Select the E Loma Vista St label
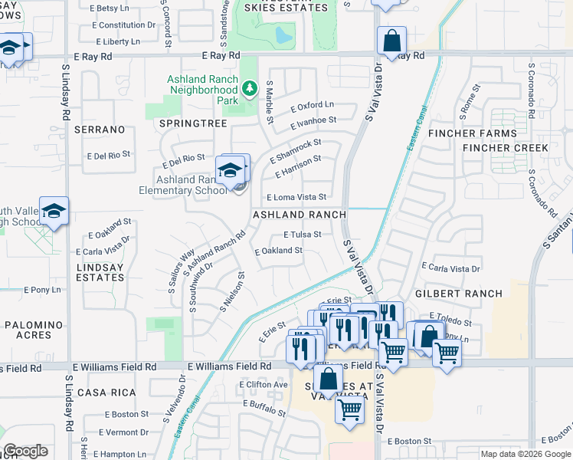tap(296, 197)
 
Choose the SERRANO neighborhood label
tap(100, 130)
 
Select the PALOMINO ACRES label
tap(33, 330)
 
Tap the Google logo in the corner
tap(25, 451)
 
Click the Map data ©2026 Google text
tap(525, 454)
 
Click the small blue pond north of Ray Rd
tap(283, 35)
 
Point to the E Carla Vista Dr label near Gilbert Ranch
tap(450, 268)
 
